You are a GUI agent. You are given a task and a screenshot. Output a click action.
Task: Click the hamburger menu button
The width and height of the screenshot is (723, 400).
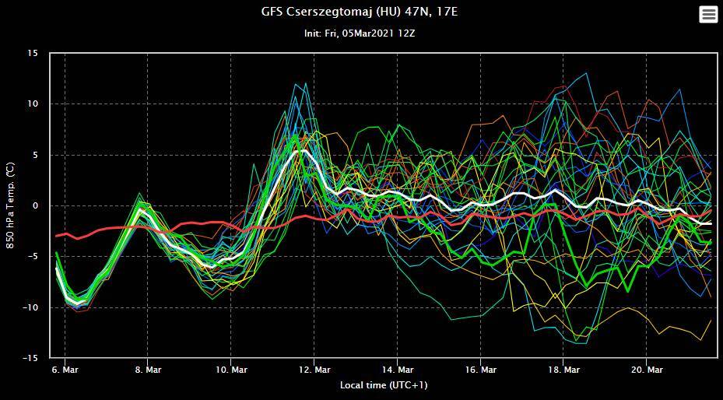pos(707,15)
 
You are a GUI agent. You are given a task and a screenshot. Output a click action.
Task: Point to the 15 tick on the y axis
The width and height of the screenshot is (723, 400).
pos(33,53)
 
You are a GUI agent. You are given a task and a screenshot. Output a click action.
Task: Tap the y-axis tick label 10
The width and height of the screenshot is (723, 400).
pos(33,104)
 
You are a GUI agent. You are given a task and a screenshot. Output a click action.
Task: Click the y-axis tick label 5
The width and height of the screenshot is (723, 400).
pos(35,155)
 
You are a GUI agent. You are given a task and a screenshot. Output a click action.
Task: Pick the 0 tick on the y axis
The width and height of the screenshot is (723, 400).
pos(35,206)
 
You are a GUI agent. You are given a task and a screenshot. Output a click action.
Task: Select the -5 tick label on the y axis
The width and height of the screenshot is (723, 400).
pos(33,257)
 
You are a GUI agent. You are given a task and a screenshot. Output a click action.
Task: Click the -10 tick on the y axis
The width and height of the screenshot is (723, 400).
pos(30,308)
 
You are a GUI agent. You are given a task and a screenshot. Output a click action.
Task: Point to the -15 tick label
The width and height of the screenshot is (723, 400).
pos(30,359)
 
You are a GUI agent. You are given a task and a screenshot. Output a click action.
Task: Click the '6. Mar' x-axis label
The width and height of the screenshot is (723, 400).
pos(65,370)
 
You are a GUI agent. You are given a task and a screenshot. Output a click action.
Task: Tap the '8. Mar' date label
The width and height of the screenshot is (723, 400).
pos(148,370)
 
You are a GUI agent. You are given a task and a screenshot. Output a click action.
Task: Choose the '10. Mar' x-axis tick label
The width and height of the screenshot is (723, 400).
pos(231,370)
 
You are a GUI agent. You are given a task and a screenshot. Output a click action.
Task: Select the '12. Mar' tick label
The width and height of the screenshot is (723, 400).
pos(314,370)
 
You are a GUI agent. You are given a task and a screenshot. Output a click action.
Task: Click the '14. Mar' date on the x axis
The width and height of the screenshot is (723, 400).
pos(398,370)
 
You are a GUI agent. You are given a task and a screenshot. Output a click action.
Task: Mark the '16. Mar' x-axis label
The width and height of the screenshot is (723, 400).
pos(481,370)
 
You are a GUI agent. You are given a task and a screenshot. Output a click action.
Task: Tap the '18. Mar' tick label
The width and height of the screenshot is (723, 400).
pos(564,370)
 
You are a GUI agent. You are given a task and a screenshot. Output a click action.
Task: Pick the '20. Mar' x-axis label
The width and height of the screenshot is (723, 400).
pos(648,370)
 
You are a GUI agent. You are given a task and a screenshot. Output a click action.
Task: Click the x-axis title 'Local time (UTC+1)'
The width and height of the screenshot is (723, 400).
pos(384,385)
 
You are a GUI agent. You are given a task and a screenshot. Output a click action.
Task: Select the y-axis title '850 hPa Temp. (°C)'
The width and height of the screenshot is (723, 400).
pos(11,205)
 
